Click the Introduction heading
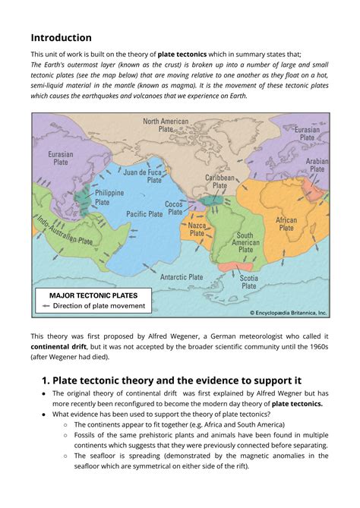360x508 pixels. click(61, 37)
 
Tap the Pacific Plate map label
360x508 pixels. click(144, 214)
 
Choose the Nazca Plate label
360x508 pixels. click(197, 229)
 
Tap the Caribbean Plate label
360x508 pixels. click(219, 181)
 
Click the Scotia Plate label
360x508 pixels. click(248, 282)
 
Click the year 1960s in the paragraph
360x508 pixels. click(315, 346)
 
